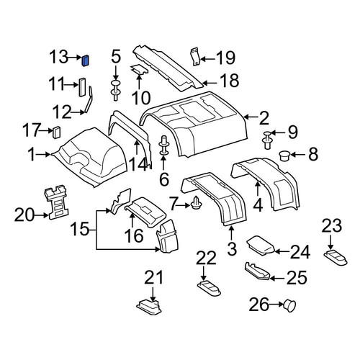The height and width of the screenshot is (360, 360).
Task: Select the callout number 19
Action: (225, 58)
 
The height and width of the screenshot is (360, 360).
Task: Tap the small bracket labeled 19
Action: (196, 56)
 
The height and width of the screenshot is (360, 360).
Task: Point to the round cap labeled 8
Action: (284, 156)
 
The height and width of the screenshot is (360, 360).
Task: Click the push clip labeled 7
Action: (197, 203)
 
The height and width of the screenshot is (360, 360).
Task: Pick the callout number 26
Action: (259, 305)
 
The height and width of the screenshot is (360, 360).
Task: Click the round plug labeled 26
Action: (289, 305)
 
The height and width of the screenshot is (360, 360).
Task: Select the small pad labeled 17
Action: (56, 132)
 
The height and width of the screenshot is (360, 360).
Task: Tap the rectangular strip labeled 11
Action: (82, 87)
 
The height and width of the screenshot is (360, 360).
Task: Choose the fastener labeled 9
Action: (268, 139)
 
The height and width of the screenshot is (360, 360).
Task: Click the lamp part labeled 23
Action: (336, 257)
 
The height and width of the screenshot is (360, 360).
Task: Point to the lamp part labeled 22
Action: (209, 288)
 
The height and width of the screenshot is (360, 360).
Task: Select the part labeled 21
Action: (150, 306)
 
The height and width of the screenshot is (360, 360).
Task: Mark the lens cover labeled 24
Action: (261, 246)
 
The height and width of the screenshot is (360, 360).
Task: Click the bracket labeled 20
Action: (57, 202)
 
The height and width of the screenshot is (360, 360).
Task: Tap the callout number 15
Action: (80, 228)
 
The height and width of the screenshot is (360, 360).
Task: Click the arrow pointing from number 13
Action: (73, 58)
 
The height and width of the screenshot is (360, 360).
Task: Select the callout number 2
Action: (264, 118)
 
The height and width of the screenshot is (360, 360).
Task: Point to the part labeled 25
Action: (257, 271)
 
